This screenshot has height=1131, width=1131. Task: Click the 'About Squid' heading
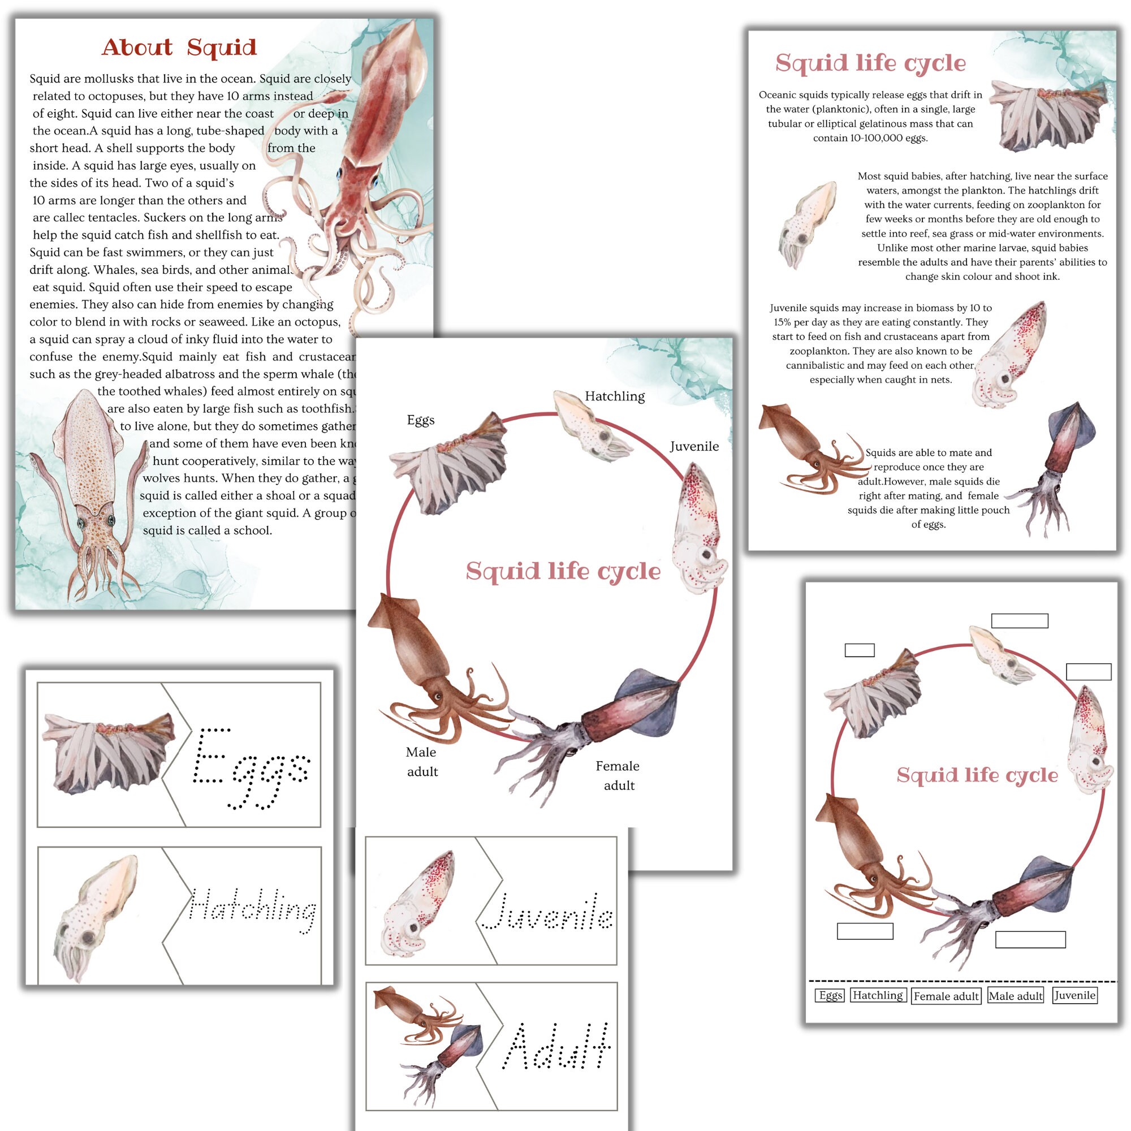179,48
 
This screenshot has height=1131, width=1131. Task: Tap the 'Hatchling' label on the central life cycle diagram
615,396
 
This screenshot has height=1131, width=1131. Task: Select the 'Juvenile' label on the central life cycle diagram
694,446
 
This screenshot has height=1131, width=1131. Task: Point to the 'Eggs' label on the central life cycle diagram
420,420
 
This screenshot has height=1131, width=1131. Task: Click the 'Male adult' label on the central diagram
421,762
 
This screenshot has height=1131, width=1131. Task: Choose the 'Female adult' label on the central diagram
618,775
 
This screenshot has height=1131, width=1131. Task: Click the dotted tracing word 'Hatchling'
253,909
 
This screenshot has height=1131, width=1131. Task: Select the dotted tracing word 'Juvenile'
548,912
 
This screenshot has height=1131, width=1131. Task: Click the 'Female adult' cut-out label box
946,996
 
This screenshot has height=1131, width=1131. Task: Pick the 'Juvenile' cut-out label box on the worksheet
1074,995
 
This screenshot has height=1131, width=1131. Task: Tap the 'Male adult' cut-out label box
1016,996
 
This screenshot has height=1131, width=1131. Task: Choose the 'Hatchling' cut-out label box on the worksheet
878,995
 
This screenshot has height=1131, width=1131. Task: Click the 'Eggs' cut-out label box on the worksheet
830,995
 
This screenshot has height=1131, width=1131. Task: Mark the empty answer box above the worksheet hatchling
1019,620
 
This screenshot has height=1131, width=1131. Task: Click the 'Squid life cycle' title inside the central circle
563,571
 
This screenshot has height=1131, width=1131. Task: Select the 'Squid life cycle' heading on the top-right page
870,63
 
